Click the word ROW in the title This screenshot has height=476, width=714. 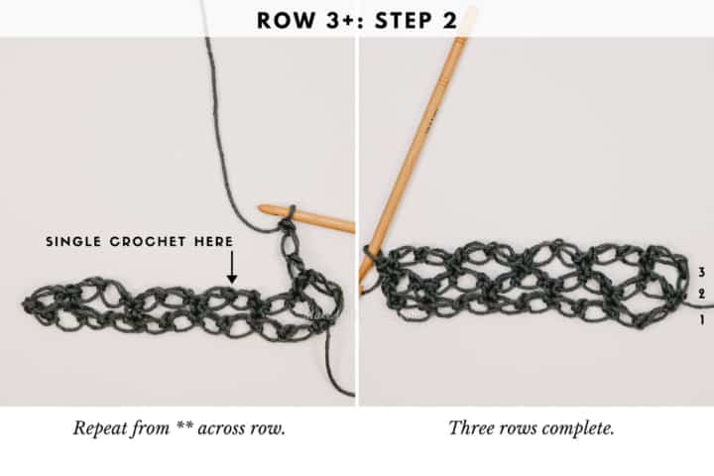point(283,20)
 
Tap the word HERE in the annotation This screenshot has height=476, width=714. point(213,242)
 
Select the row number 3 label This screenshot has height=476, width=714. point(700,272)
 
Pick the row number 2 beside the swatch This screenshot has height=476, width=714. point(700,295)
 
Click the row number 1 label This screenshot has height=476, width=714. point(700,320)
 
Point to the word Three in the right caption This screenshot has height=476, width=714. point(470,428)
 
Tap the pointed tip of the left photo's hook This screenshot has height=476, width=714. point(260,209)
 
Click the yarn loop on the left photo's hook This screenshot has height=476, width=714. point(287,215)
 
